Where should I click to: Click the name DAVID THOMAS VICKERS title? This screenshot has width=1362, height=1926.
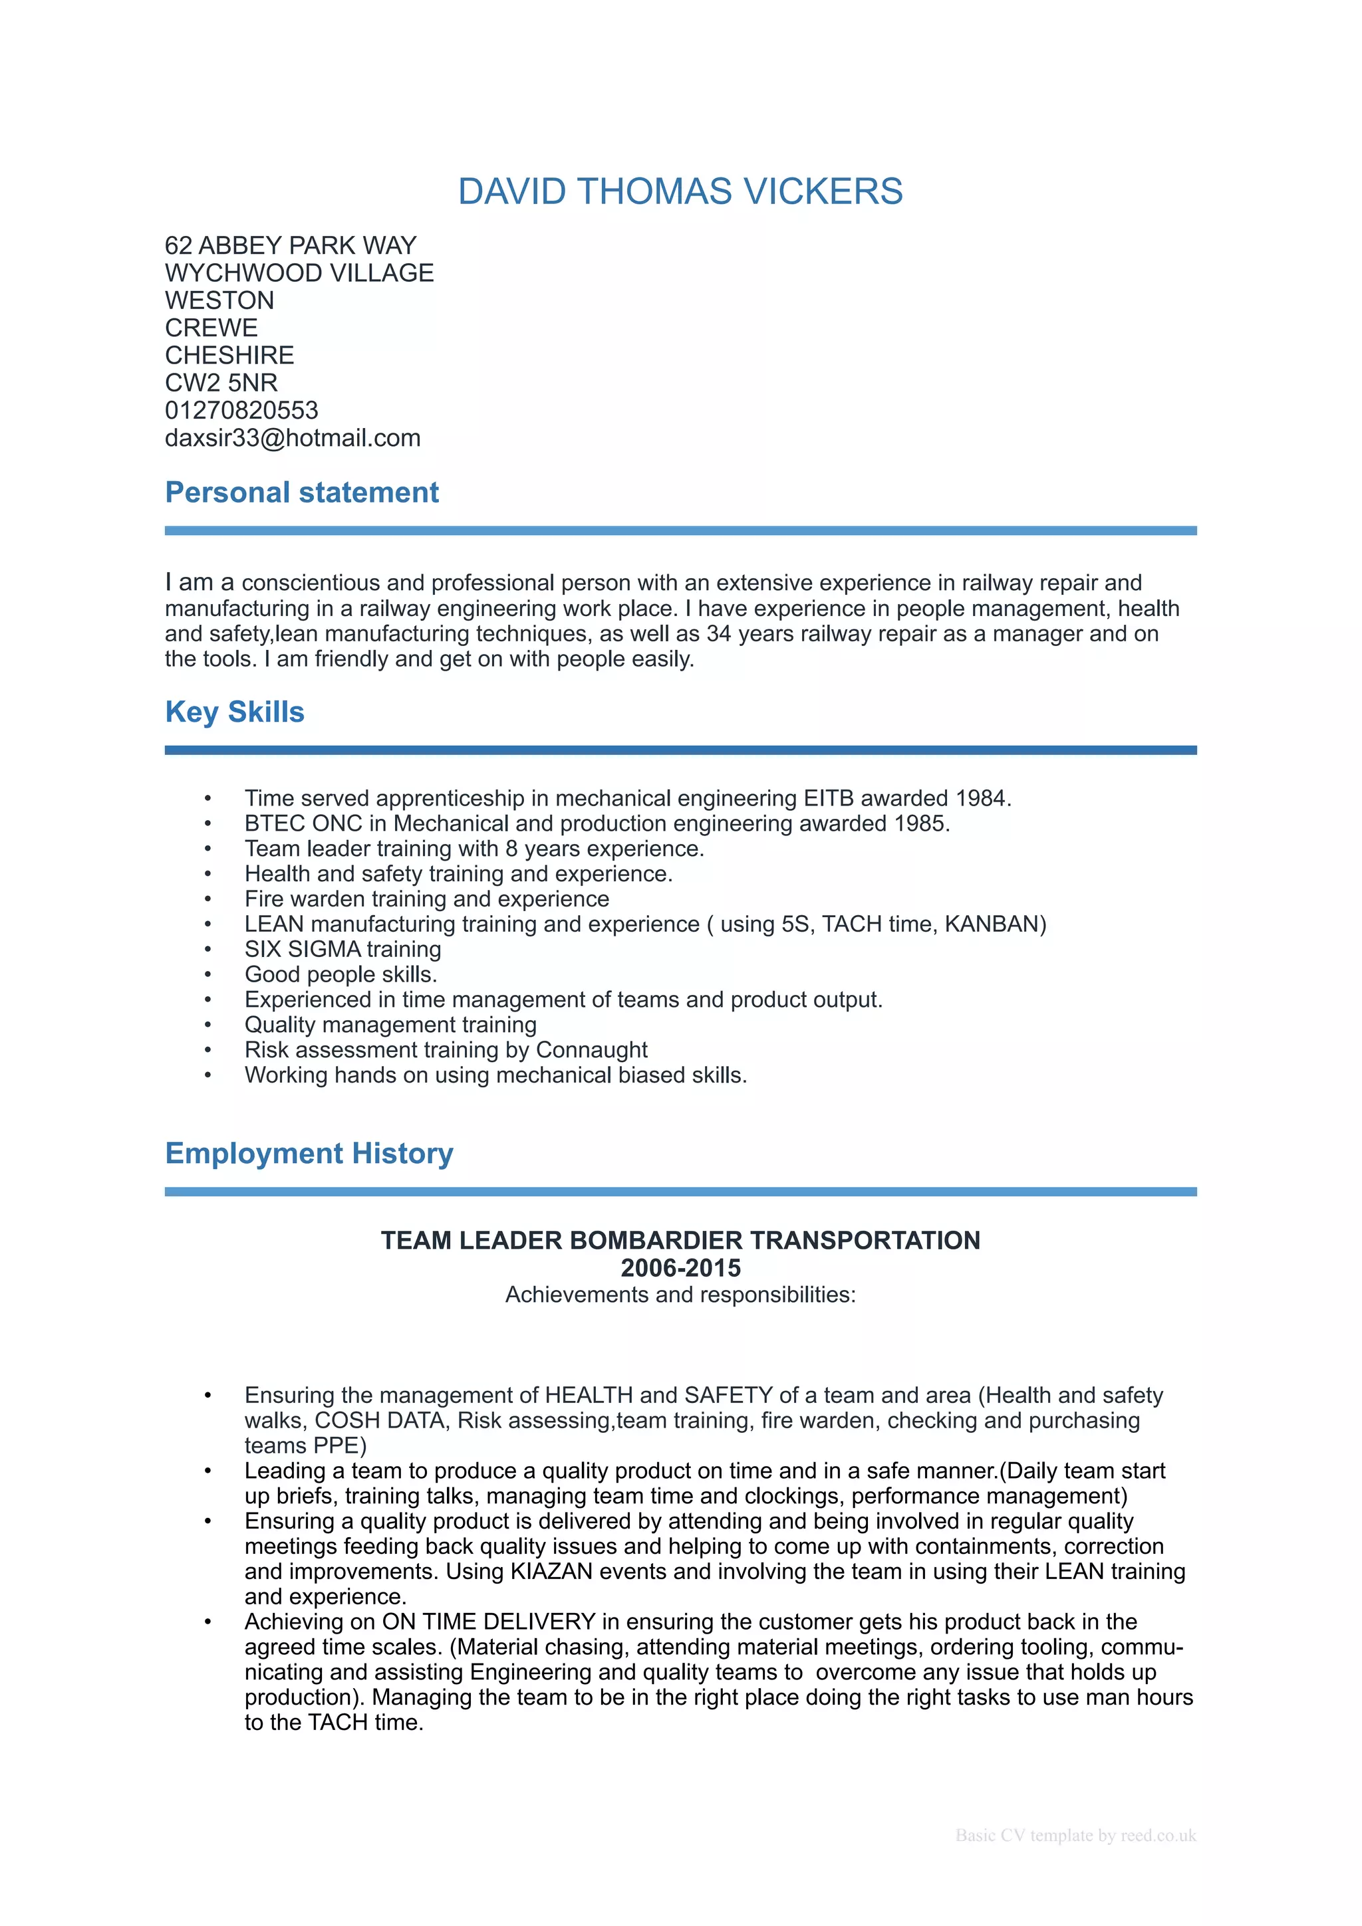coord(680,191)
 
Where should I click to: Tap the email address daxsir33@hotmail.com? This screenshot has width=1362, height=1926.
coord(292,438)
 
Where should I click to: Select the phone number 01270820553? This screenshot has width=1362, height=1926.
coord(241,410)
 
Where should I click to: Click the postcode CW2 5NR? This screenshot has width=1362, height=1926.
coord(221,383)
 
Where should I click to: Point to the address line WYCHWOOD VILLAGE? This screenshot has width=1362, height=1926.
coord(299,272)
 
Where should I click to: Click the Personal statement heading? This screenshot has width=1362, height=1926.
coord(301,492)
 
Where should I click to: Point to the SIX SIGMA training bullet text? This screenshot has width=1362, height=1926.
coord(342,949)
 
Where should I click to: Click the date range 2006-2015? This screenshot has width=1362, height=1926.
coord(680,1267)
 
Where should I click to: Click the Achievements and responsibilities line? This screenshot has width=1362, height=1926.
coord(680,1295)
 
